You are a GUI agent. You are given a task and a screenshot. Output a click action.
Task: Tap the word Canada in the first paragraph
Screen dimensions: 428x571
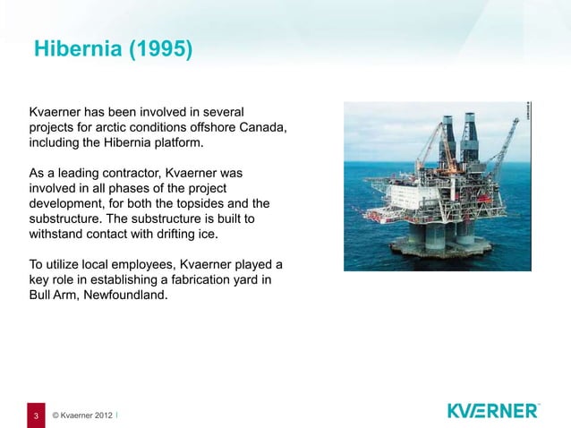pos(264,127)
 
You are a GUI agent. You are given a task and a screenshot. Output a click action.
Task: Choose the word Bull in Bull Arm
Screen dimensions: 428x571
pos(42,298)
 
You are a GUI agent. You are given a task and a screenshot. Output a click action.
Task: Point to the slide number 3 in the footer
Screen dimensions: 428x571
pos(36,416)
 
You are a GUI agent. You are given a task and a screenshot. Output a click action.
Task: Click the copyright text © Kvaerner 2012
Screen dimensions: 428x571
pos(82,416)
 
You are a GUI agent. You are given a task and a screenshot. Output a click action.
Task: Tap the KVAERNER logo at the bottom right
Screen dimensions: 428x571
pos(492,410)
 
